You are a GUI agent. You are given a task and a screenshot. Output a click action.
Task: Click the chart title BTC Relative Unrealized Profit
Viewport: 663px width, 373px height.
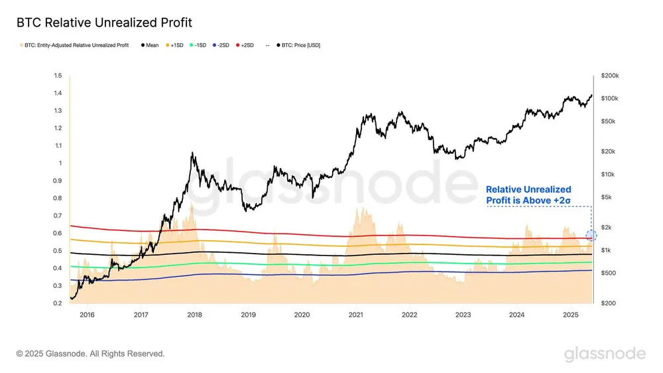click(104, 23)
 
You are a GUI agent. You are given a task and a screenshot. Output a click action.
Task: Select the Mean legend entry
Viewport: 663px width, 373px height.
click(150, 45)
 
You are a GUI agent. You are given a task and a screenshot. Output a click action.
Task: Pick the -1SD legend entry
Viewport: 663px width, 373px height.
click(199, 45)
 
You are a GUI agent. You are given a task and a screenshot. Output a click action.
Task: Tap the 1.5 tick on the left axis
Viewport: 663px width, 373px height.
click(58, 76)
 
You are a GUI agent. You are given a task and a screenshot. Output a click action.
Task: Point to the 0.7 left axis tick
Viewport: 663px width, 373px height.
click(58, 216)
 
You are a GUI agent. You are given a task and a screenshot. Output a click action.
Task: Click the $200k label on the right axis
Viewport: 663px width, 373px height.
click(609, 76)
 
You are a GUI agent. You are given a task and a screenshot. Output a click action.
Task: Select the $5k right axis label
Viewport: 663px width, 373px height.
click(607, 197)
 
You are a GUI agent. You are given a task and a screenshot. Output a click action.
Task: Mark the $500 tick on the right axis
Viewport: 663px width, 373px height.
click(607, 273)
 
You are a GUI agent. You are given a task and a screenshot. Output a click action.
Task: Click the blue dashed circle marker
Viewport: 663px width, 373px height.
click(591, 236)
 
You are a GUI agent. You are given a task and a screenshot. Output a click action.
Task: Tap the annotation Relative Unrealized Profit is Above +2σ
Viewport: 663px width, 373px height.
click(528, 194)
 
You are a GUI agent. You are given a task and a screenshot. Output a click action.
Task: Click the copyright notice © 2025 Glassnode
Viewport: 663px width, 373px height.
click(91, 354)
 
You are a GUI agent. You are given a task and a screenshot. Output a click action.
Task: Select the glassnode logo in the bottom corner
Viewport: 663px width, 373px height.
click(605, 354)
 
